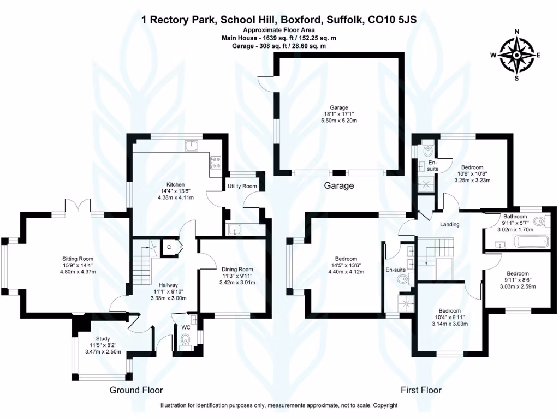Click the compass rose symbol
click(516, 55)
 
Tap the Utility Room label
click(242, 187)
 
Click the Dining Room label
click(237, 269)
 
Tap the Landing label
click(450, 224)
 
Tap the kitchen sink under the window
click(192, 145)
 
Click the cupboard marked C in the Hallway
click(170, 247)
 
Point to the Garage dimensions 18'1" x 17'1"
click(338, 114)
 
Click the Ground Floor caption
click(136, 390)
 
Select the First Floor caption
click(421, 390)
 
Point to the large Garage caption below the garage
click(339, 185)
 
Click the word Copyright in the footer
click(385, 405)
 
